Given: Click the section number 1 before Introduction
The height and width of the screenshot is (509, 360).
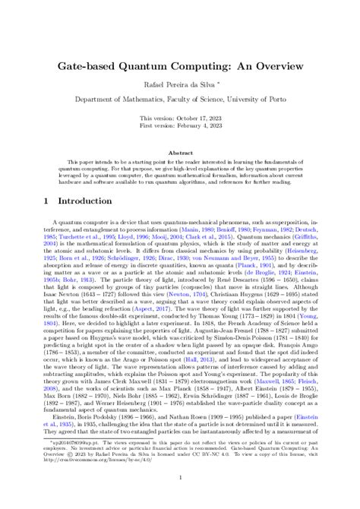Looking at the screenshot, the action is point(47,180).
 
